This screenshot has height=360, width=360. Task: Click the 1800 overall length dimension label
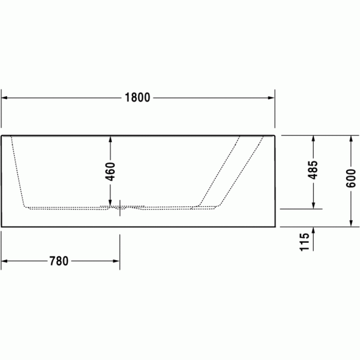click(137, 98)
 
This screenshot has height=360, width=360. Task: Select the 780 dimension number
click(59, 261)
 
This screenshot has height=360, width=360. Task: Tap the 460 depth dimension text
click(110, 171)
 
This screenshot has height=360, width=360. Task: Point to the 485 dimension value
click(313, 170)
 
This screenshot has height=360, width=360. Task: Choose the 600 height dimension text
click(351, 178)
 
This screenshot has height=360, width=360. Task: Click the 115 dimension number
click(304, 242)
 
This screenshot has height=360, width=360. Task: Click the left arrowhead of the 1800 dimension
click(4, 98)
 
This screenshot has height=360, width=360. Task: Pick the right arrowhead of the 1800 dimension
click(271, 98)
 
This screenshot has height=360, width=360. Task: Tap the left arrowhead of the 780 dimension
click(4, 261)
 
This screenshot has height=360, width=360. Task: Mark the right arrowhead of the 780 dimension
click(116, 261)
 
